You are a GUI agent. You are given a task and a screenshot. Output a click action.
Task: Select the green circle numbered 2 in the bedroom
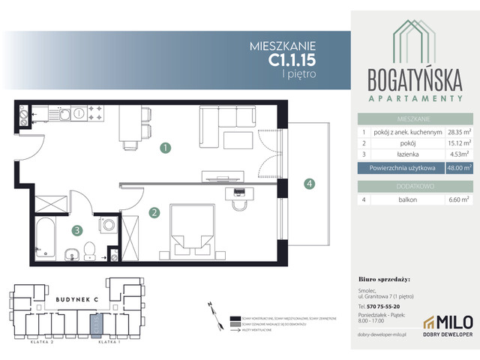154,213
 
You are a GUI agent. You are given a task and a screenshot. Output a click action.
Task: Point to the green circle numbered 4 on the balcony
308,184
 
